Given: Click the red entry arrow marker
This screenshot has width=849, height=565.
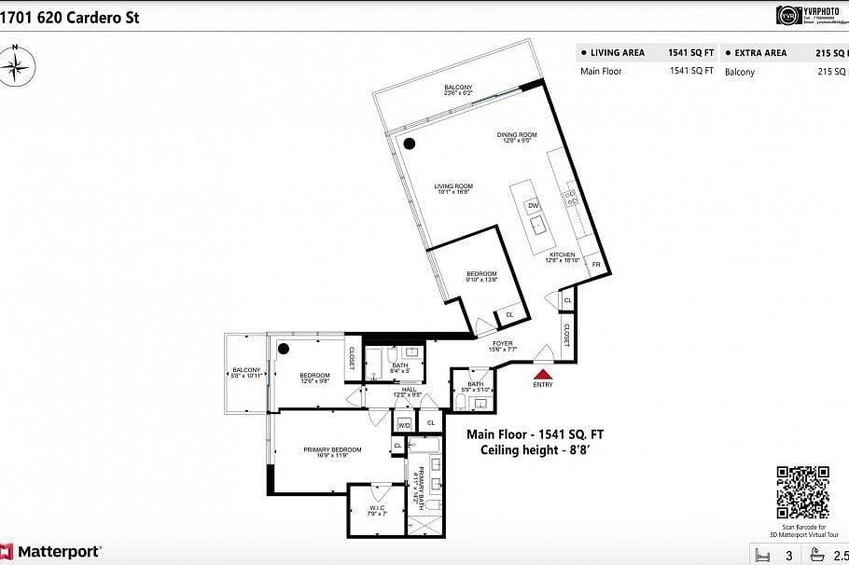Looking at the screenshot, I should tap(542, 373).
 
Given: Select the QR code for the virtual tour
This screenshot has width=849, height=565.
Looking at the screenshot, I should tap(802, 491).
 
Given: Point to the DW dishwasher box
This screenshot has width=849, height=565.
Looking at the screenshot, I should tap(533, 205).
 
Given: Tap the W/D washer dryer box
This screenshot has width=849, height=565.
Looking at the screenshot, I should tap(404, 424).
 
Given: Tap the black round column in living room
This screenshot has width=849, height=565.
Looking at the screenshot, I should tap(410, 144).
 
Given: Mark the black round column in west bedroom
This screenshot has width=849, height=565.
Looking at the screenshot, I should tap(283, 349).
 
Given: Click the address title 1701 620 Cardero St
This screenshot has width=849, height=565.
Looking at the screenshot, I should tap(70, 17).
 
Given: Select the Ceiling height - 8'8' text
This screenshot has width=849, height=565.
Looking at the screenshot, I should tap(536, 449).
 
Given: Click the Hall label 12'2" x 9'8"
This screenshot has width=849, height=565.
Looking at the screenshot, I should tap(409, 392).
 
